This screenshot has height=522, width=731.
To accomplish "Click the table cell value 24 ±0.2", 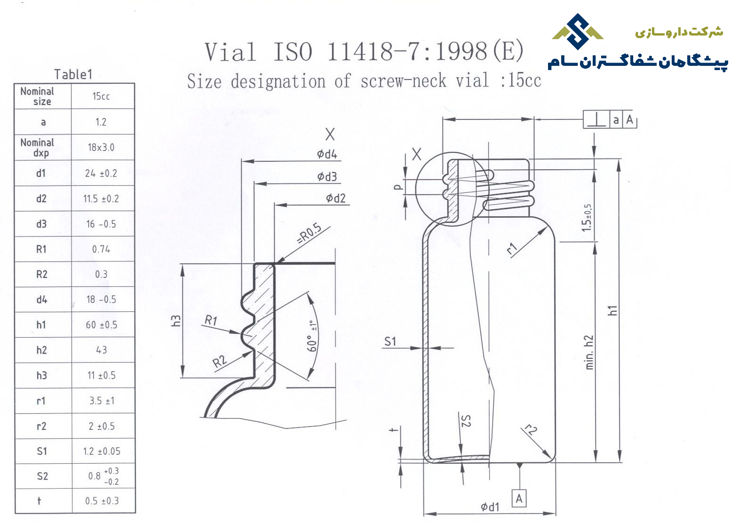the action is [101, 173].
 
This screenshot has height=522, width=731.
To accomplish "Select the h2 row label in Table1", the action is [41, 350].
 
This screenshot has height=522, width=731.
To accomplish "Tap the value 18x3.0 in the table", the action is [101, 148].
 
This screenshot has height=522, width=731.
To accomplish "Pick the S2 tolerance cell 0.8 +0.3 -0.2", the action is [103, 476].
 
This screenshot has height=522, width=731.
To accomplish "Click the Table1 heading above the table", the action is [73, 75].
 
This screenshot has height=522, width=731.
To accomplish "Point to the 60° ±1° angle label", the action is [313, 336].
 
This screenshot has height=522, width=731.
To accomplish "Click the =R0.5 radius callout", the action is [309, 234].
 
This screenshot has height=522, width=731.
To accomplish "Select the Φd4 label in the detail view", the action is [327, 154].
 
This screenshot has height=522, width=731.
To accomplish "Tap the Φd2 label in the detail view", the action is [336, 198].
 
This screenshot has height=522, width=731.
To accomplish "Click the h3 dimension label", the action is [176, 321].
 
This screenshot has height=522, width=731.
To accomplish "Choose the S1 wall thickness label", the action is [390, 341].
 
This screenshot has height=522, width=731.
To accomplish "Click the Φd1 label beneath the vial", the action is [490, 506].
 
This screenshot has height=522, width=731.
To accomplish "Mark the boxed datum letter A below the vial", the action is [519, 499].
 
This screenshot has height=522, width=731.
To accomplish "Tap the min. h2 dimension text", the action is [589, 352].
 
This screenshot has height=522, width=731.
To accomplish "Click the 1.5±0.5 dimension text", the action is [587, 218].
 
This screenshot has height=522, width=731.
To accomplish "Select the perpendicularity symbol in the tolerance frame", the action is [596, 119].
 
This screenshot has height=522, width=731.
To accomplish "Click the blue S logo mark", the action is [578, 32].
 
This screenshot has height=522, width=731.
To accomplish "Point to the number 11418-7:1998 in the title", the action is [407, 52].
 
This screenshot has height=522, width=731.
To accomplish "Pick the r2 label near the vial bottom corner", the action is [530, 430].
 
